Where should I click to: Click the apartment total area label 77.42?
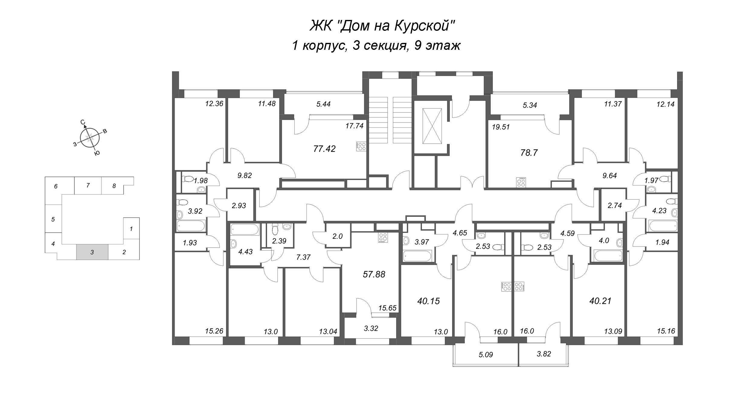point(325,149)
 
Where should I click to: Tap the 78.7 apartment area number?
point(529,153)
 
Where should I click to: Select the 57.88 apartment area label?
point(374,274)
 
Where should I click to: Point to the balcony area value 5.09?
point(486,355)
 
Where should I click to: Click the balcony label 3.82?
point(544,354)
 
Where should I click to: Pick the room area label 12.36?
point(214,104)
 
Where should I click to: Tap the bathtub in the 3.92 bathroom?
point(191,225)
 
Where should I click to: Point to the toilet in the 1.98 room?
point(188,179)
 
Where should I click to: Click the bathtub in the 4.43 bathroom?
point(245,230)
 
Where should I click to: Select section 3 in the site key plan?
point(92,252)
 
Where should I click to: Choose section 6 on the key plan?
point(56,186)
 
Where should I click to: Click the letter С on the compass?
point(82,122)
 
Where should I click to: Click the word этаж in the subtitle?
point(442,46)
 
